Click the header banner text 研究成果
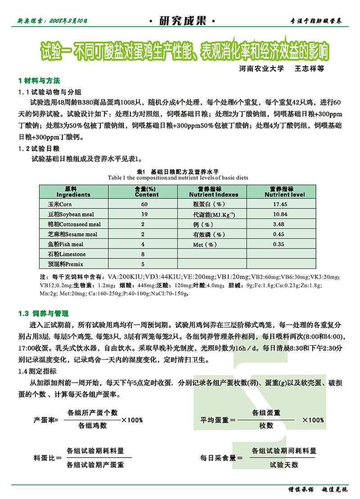tap(180, 21)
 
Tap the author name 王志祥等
tap(309, 69)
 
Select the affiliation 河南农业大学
tap(262, 69)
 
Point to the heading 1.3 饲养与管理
tap(44, 313)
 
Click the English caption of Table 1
tap(178, 178)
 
